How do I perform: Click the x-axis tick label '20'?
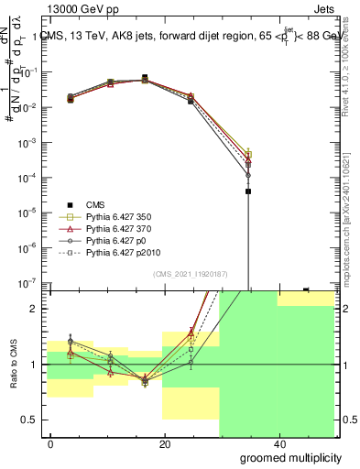(x=165, y=444)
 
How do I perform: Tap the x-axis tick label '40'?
(x=278, y=444)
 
